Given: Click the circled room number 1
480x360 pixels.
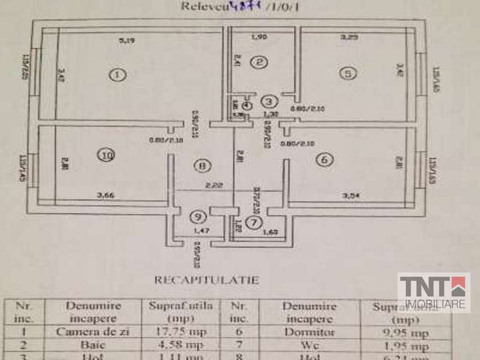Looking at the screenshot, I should pyautogui.click(x=118, y=74).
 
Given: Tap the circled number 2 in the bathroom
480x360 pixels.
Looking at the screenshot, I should pyautogui.click(x=258, y=63).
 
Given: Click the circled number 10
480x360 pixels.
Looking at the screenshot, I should pyautogui.click(x=107, y=155).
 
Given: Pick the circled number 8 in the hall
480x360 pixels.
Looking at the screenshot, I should pyautogui.click(x=202, y=166).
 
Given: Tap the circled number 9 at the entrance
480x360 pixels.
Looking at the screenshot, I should pyautogui.click(x=198, y=217).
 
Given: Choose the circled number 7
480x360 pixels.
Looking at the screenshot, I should pyautogui.click(x=254, y=222).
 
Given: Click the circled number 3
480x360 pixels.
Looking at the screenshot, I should pyautogui.click(x=269, y=101).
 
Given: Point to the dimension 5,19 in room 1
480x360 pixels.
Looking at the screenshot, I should pyautogui.click(x=127, y=41).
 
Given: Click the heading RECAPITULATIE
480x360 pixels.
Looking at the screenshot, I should pyautogui.click(x=207, y=280).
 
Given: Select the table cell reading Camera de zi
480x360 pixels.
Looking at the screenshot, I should pyautogui.click(x=91, y=332).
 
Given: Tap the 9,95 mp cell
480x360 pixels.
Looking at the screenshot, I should pyautogui.click(x=406, y=334).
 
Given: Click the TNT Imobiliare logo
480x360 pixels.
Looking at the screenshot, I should pyautogui.click(x=434, y=293).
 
